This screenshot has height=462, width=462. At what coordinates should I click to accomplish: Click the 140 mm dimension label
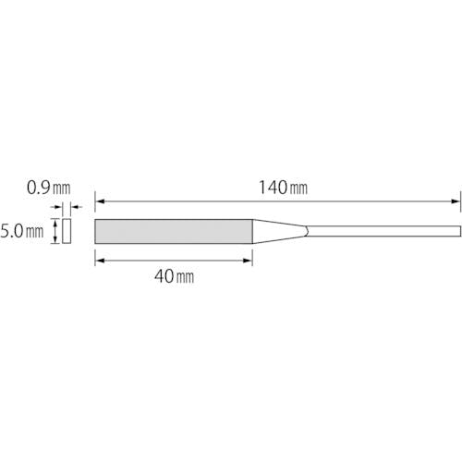coord(283,188)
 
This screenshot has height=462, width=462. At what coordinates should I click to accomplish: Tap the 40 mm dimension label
coord(175,276)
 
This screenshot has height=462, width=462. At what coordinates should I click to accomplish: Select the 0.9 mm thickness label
coord(49,188)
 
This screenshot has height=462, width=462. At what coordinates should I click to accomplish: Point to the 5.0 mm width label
coord(22,231)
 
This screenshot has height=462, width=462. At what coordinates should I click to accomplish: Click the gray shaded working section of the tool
coord(174,231)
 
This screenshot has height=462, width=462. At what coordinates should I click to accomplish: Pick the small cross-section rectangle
coord(67,231)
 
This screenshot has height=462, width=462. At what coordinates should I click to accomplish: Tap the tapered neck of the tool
coord(280,231)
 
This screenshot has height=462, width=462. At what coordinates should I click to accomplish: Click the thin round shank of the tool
coord(383,231)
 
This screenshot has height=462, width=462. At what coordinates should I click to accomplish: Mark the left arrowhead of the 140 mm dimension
coord(100,201)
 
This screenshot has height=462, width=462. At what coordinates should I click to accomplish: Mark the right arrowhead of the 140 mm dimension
coord(456,201)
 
